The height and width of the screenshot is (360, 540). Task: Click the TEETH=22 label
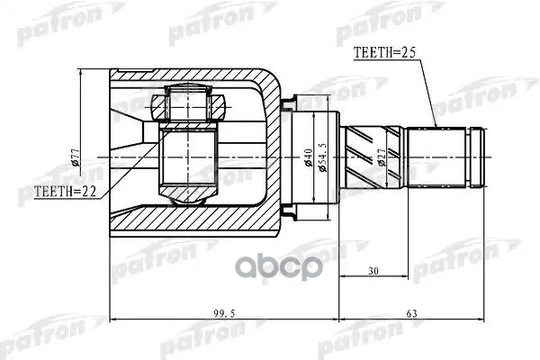65,192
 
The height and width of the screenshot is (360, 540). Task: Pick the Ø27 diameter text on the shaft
384,159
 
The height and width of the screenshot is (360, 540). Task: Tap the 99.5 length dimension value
223,312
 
